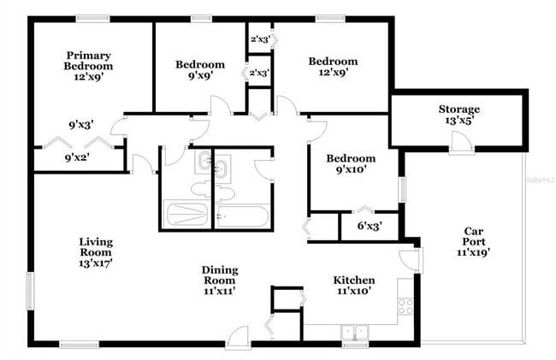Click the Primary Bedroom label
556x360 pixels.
click(89, 61)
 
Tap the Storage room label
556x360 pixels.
click(459, 109)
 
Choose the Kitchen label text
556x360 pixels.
click(353, 280)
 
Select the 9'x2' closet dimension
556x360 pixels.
click(76, 156)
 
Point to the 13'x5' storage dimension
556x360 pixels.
click(459, 121)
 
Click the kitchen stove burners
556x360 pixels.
click(405, 305)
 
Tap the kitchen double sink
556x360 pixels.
click(354, 331)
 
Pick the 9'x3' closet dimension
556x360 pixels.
click(82, 124)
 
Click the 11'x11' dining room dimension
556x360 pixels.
click(220, 291)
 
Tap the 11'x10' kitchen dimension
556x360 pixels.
click(353, 291)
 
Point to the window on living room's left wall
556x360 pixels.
click(32, 291)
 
